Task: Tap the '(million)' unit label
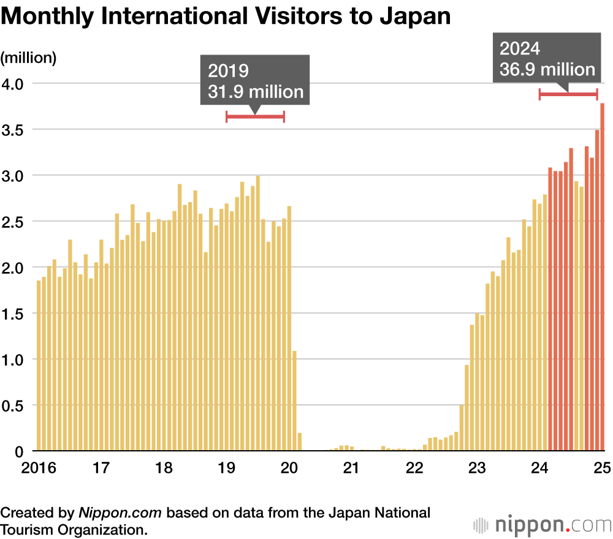[29, 58]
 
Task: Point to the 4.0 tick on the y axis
[14, 83]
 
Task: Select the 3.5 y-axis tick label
[14, 129]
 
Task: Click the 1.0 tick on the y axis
[14, 360]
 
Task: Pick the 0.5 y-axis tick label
[14, 405]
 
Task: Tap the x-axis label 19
[227, 469]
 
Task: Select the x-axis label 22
[415, 469]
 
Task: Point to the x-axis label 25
[601, 469]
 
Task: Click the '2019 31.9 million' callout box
[256, 81]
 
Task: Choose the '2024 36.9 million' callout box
[547, 59]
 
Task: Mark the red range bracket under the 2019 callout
[256, 116]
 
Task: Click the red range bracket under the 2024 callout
[568, 94]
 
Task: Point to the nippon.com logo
[543, 525]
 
